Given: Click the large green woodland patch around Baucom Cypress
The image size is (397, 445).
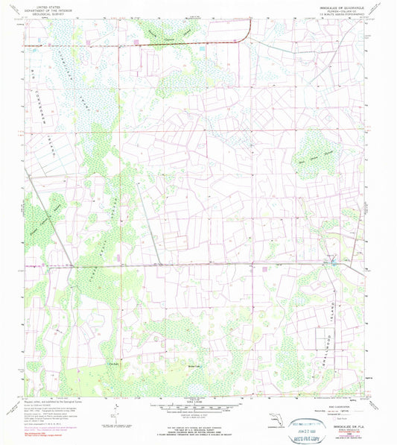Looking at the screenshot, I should click(x=168, y=30).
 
